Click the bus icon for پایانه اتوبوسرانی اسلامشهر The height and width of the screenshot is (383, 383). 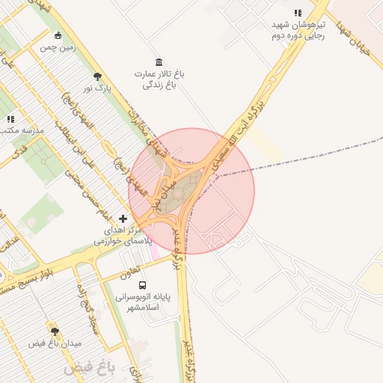click(143, 284)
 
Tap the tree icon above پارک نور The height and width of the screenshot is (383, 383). click(97, 76)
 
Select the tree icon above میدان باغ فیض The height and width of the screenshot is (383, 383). click(55, 331)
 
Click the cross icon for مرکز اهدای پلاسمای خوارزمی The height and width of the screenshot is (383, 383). click(123, 218)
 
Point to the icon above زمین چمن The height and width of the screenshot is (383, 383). click(59, 35)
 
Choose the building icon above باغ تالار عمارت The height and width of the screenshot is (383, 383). click(159, 61)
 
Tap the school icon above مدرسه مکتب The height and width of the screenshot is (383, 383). click(10, 118)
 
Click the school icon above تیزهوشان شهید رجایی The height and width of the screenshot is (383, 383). click(298, 13)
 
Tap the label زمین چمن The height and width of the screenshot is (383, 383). click(59, 47)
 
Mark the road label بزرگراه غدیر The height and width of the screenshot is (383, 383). click(179, 251)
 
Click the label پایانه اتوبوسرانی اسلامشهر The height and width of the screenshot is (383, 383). click(143, 302)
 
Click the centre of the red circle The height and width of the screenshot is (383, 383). click(191, 191)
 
